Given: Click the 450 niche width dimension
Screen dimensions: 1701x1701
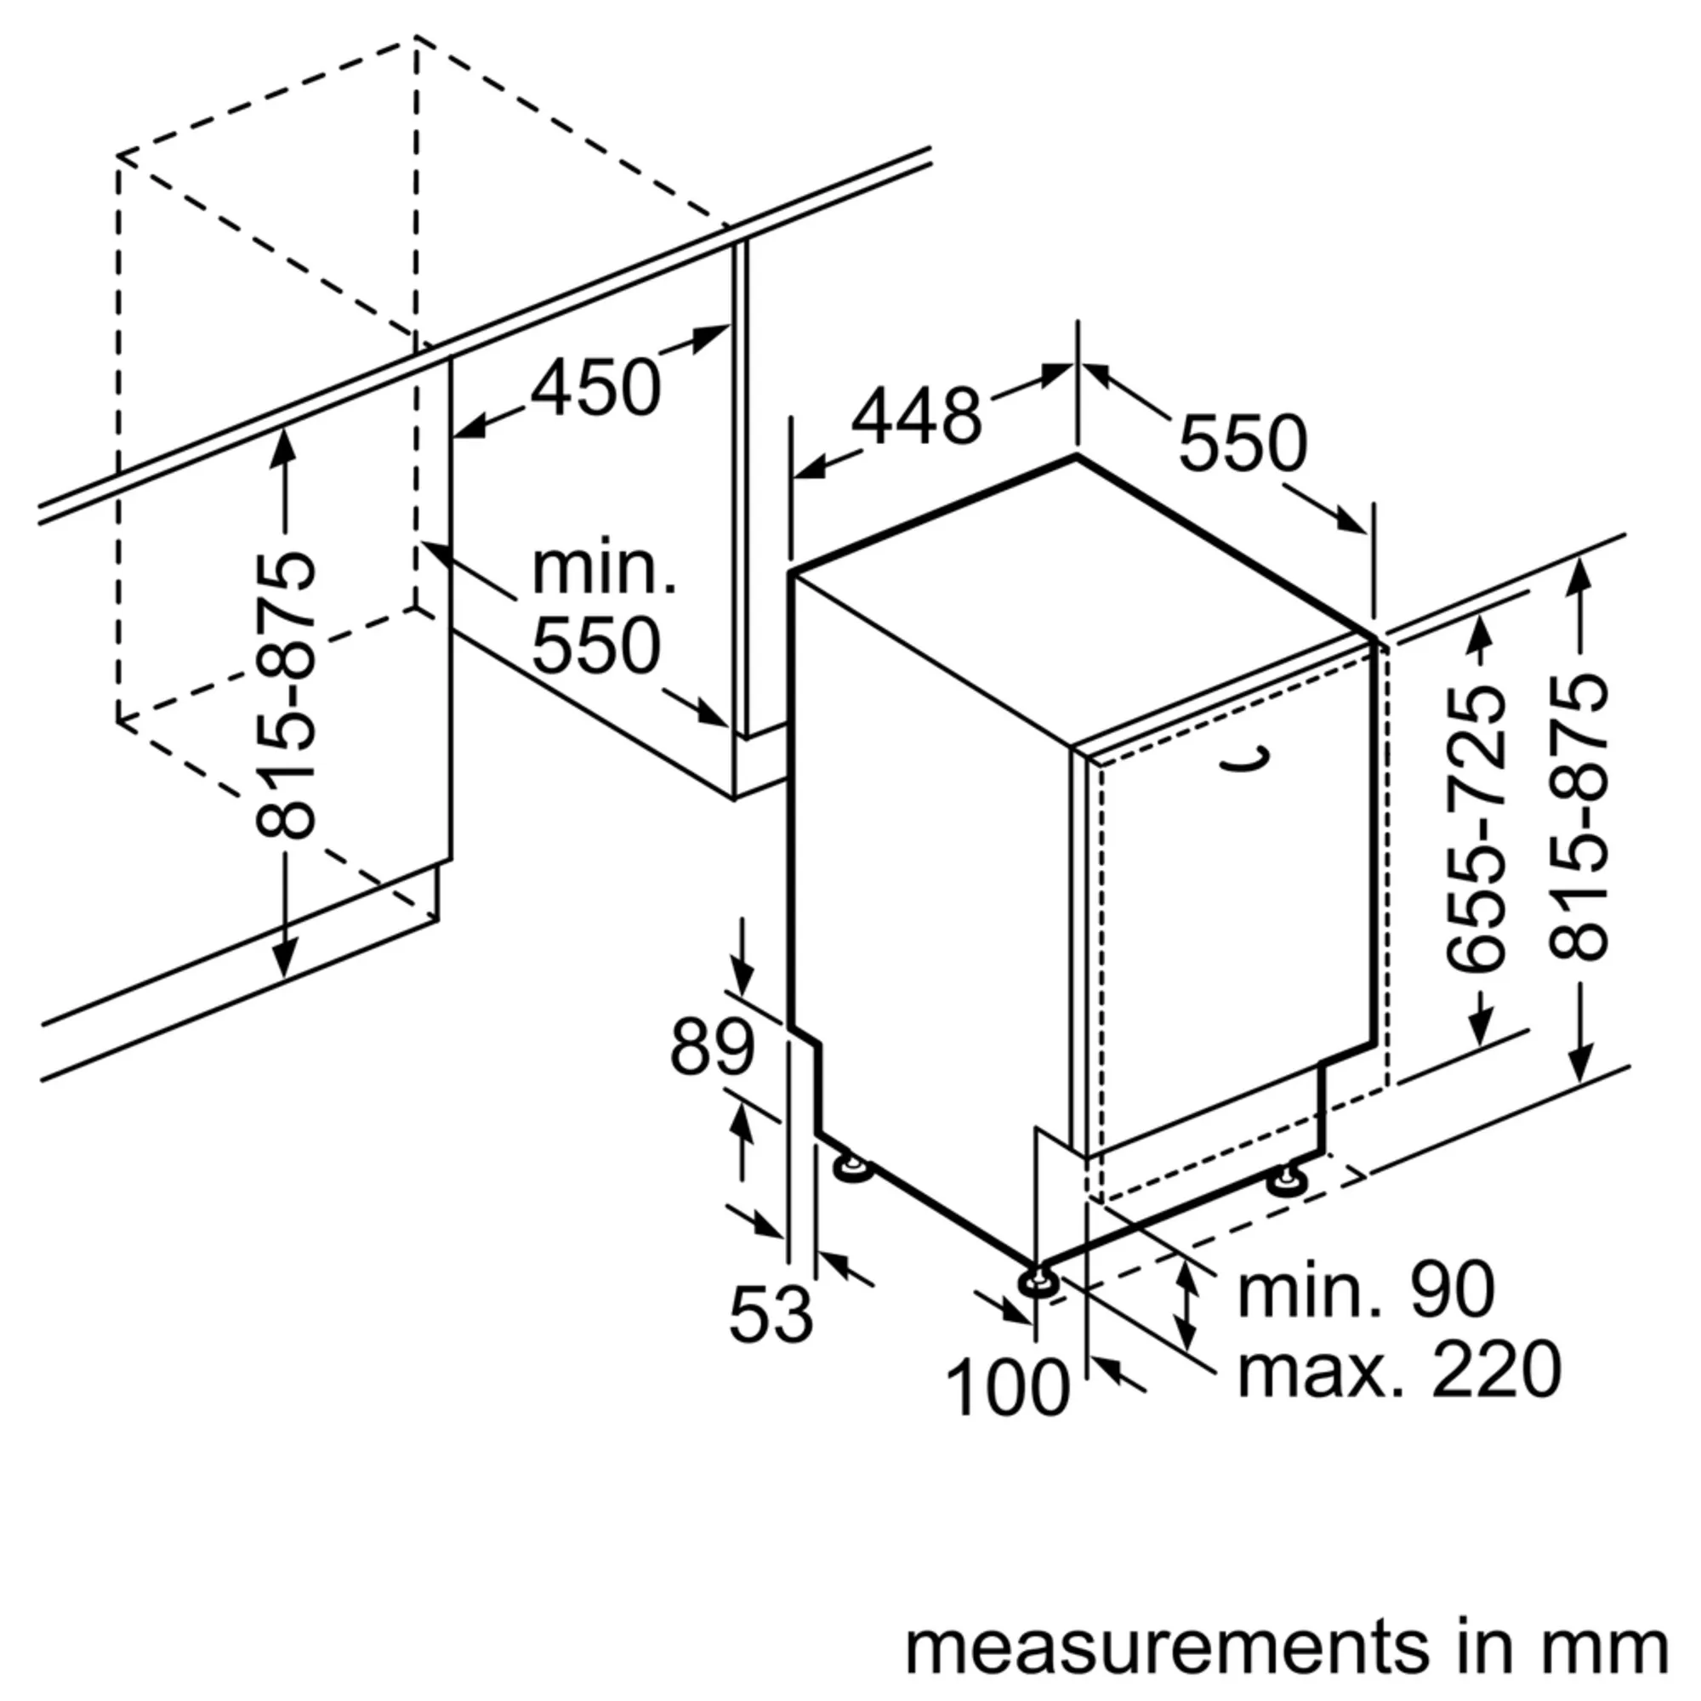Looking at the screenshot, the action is [596, 389].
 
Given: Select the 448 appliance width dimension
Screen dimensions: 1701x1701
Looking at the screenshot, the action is [916, 416].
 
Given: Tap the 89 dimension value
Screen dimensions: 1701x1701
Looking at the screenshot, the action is [712, 1048].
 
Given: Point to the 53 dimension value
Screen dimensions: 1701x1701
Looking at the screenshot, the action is [771, 1314].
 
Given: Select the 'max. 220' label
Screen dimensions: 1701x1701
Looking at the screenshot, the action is [1400, 1370].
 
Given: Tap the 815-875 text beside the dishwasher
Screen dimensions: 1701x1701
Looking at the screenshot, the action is [1578, 817].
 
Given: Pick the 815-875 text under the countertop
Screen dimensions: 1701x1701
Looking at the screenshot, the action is [284, 696].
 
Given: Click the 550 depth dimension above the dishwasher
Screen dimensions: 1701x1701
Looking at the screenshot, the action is [1243, 445].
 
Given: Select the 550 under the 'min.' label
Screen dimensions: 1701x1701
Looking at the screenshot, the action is [596, 646].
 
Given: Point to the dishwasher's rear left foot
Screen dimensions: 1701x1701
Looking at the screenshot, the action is [851, 1169].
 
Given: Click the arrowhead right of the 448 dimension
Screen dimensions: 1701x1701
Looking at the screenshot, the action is [1056, 374].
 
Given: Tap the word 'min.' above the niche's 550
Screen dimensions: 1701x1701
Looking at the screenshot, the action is [604, 570].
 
